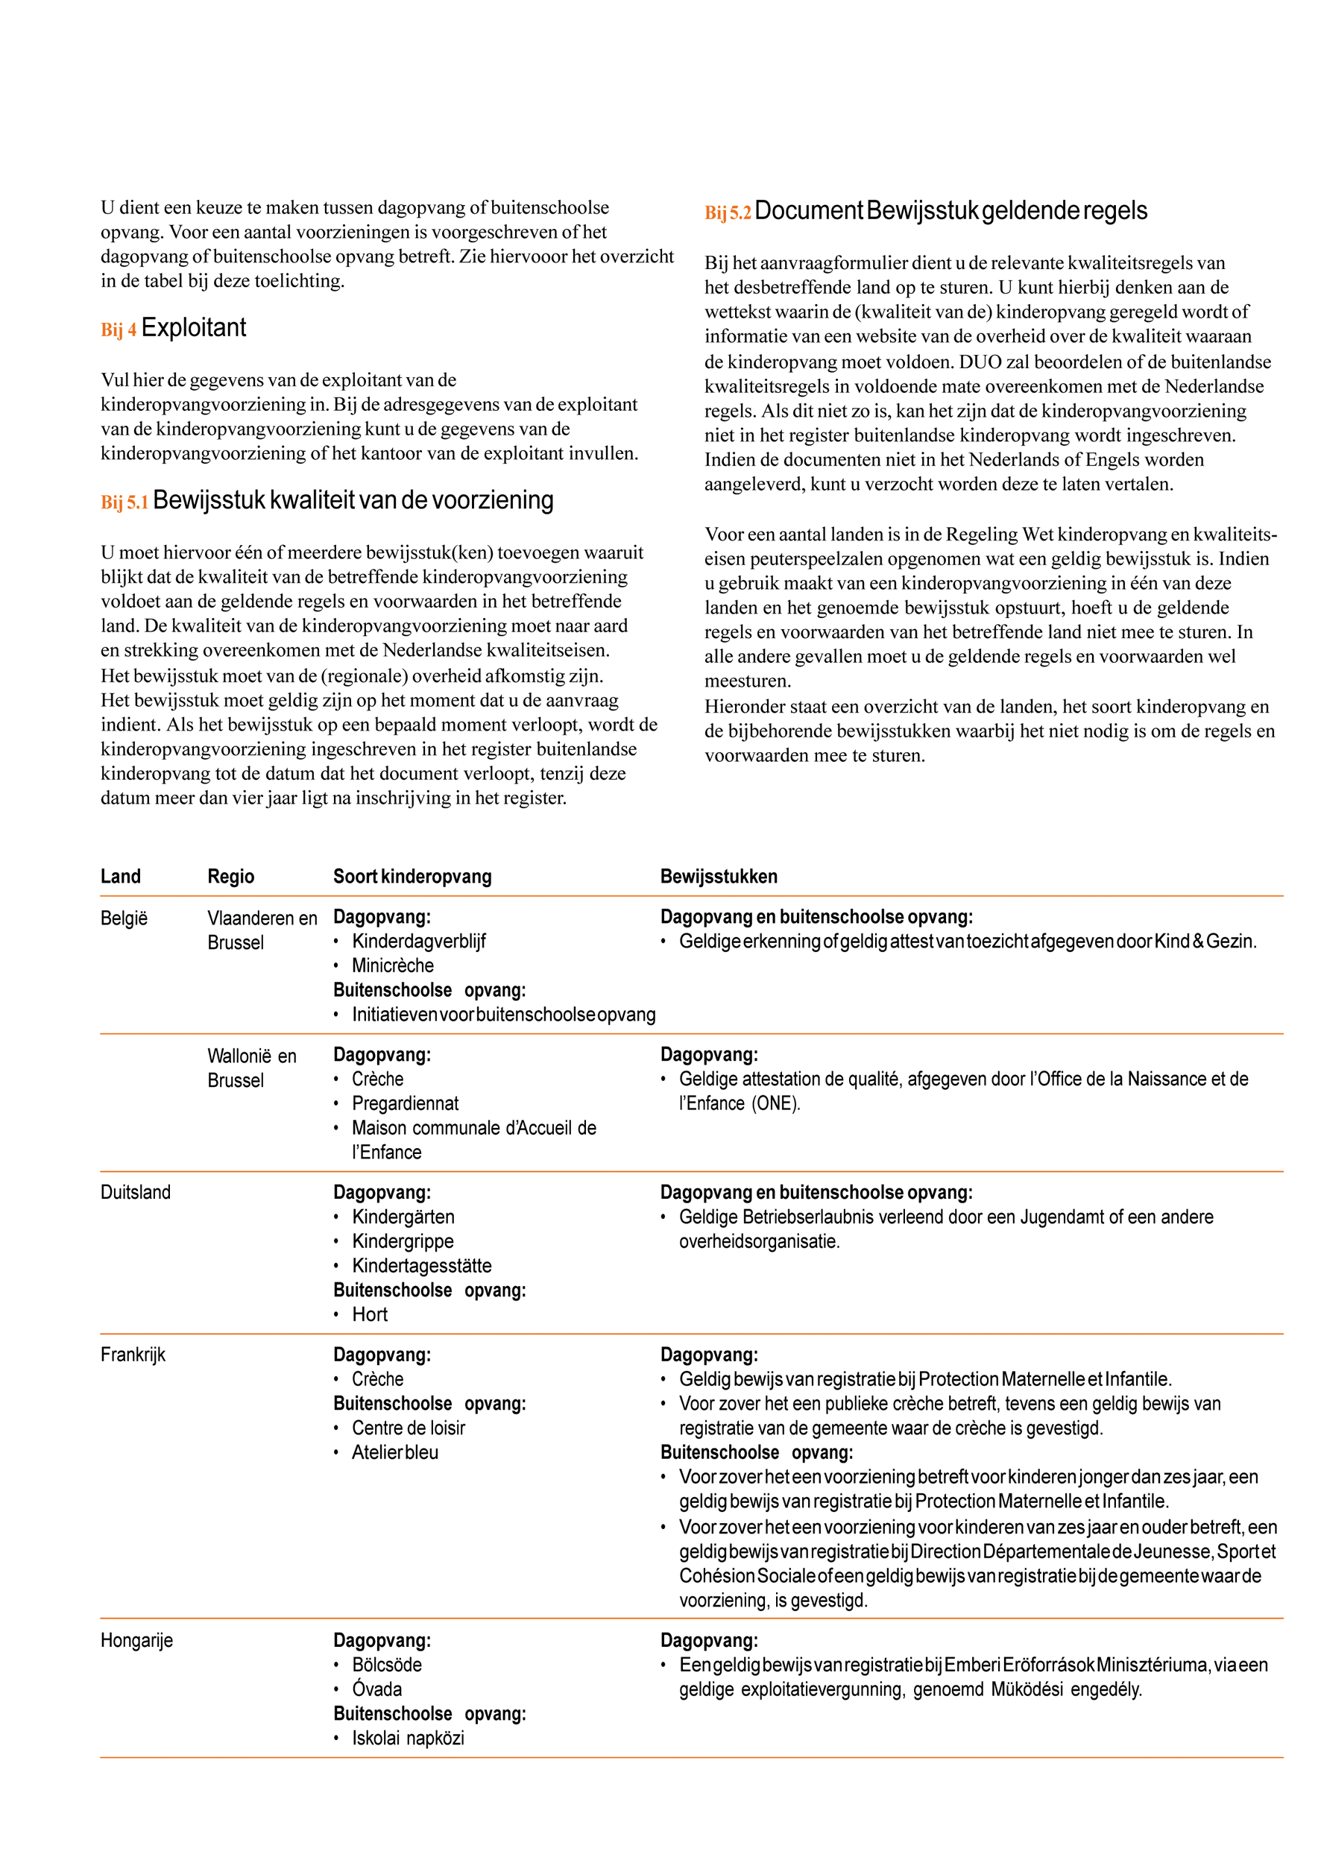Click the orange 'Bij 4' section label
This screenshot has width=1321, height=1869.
[118, 330]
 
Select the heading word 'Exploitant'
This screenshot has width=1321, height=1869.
[193, 327]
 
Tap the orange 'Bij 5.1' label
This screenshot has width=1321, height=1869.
[124, 502]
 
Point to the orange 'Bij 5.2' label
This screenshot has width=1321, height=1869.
[727, 213]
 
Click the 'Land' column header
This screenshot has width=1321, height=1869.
[121, 876]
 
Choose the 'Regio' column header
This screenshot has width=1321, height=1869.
[230, 876]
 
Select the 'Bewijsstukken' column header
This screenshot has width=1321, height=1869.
[718, 876]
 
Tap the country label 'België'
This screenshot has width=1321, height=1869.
[124, 918]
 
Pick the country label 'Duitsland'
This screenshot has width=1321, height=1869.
[135, 1193]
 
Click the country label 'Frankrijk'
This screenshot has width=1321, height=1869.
[133, 1355]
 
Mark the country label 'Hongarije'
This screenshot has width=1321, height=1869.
[136, 1640]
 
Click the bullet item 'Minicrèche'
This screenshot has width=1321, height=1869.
[392, 965]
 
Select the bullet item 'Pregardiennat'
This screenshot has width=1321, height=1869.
[405, 1103]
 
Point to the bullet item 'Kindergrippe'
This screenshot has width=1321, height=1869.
[402, 1241]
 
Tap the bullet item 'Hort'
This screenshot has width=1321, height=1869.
[370, 1314]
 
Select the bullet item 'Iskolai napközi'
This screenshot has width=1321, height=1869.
[408, 1738]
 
